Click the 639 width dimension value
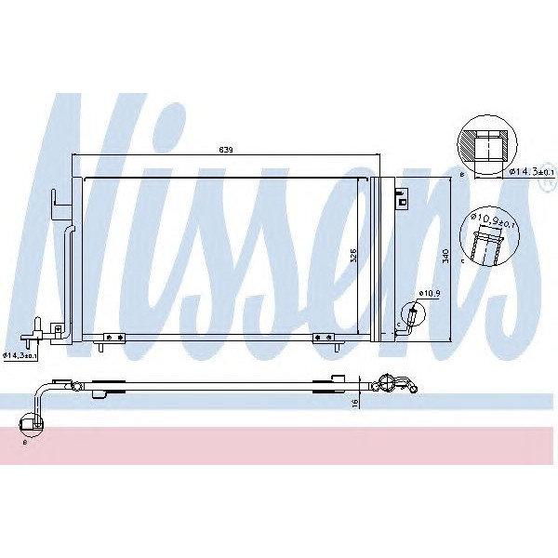coord(225,149)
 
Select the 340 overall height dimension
coord(447,257)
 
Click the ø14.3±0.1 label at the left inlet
coord(20,354)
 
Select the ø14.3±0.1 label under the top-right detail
coord(531,172)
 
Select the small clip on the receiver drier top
coord(402,196)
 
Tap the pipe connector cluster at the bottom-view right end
coord(391,383)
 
